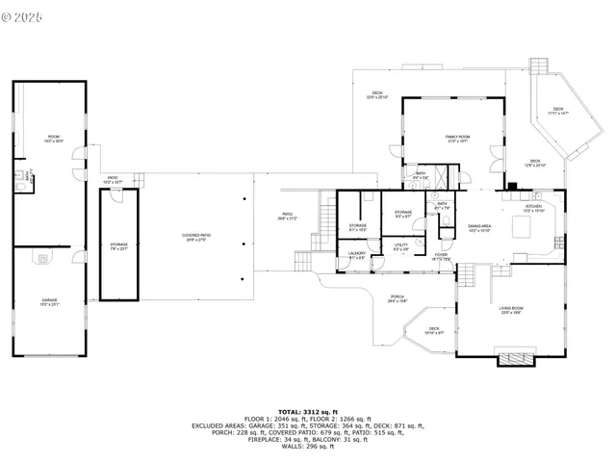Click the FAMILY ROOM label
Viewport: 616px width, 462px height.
[456, 139]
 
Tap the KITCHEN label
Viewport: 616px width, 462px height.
[533, 207]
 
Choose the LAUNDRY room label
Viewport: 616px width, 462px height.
[357, 256]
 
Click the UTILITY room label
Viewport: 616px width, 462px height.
[401, 245]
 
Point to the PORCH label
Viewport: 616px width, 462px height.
[397, 298]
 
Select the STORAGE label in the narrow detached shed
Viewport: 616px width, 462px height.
[118, 245]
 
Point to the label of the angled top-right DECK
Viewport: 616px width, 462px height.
[557, 111]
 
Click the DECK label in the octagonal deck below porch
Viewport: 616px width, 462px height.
[434, 330]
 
